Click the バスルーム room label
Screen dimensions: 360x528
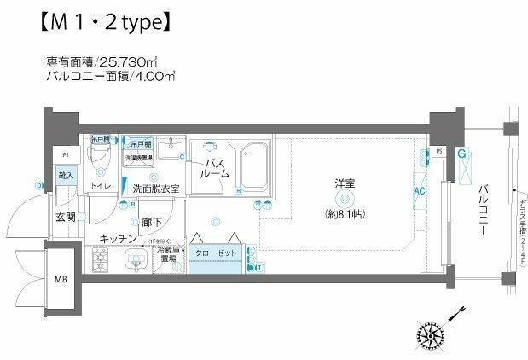(214, 167)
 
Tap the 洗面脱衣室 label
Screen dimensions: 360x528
(154, 189)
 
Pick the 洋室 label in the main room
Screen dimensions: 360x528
(345, 183)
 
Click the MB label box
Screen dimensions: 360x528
(62, 278)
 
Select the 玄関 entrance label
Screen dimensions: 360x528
(66, 217)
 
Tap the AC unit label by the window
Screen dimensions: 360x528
(419, 192)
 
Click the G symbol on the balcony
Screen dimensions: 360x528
(461, 154)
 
